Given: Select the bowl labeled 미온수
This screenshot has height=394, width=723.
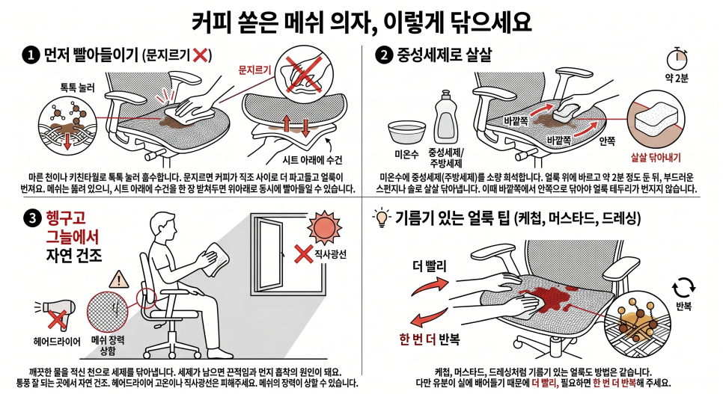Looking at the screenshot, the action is [x=406, y=132].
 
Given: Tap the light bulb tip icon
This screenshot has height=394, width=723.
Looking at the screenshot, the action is [x=382, y=218].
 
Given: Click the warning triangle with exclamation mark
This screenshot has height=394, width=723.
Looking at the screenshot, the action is [x=119, y=280].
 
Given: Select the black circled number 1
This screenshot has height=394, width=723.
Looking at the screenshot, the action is [x=31, y=56].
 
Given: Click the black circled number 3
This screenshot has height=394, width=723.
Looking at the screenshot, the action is [x=32, y=219].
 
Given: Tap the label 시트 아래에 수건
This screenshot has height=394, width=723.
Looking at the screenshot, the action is [x=312, y=160].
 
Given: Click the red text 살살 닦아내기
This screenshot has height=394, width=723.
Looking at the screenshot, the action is [x=656, y=158].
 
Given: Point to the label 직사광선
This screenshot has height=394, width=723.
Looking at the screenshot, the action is [x=330, y=254].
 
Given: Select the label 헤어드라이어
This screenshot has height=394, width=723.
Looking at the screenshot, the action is [x=57, y=342].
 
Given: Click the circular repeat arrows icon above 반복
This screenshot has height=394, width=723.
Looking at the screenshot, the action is [x=683, y=288].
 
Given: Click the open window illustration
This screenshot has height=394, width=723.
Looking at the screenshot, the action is [x=269, y=256].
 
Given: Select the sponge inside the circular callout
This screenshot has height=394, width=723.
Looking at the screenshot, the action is [x=656, y=120].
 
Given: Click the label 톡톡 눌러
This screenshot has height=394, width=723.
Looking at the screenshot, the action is [x=78, y=87].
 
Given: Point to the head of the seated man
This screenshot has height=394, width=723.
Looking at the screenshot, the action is [x=162, y=227].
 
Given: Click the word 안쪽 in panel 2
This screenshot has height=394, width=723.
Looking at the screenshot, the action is [x=607, y=141].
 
